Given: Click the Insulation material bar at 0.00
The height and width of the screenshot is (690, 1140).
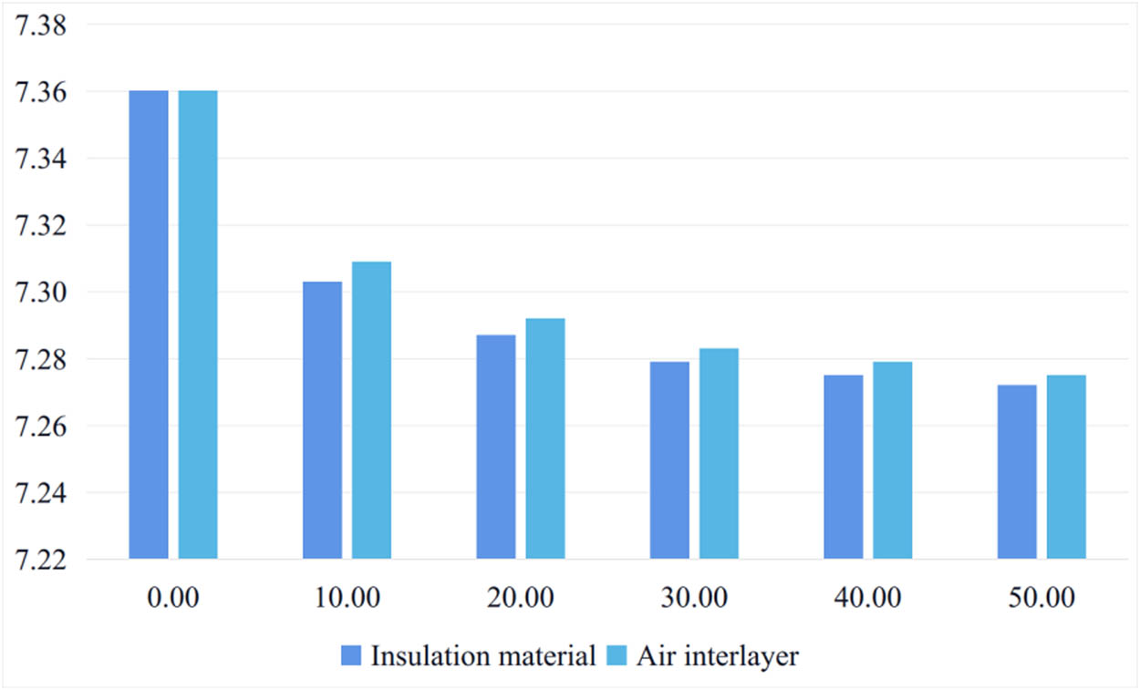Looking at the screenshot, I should (x=149, y=324).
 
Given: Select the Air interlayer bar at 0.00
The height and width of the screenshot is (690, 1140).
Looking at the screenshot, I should (x=198, y=324).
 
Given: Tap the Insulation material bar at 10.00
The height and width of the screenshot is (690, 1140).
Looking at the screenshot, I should (x=322, y=420).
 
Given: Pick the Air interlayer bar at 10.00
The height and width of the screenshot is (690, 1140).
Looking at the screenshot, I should (x=371, y=410).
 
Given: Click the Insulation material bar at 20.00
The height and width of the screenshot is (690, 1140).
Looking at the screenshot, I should (x=496, y=447).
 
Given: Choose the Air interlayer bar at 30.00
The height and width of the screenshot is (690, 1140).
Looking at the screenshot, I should (x=719, y=453).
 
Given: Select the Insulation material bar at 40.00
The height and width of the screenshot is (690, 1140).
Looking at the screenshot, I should (x=844, y=467).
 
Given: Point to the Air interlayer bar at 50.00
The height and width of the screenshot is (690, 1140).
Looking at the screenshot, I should (x=1066, y=467).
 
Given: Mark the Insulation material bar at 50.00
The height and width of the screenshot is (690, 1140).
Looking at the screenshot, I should (x=1017, y=471).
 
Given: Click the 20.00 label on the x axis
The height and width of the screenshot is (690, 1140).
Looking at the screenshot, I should (x=520, y=599).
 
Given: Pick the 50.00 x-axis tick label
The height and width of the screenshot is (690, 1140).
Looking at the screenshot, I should (x=1042, y=599).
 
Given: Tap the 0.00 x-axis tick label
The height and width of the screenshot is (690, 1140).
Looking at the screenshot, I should (x=173, y=599).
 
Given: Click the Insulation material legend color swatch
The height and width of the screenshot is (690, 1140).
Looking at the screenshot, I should (x=352, y=656).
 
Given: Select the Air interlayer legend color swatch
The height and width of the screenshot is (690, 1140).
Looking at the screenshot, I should (x=617, y=656).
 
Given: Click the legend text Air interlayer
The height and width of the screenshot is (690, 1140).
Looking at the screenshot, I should (x=717, y=656).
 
